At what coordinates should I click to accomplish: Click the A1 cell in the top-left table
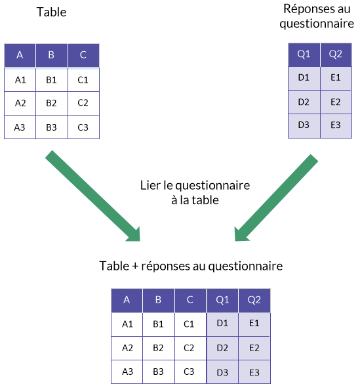[20, 79]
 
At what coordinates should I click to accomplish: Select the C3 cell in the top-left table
[83, 127]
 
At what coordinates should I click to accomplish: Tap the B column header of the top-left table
[51, 55]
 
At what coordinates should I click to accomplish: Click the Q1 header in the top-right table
[304, 54]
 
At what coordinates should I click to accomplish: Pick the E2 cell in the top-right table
[336, 102]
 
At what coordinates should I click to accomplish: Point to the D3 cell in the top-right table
[304, 125]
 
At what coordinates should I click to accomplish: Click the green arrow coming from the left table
[93, 196]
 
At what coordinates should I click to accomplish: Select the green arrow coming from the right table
[276, 198]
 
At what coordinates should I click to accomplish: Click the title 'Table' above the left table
[51, 12]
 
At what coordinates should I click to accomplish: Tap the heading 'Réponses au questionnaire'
[317, 16]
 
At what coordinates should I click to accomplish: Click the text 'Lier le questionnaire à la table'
[195, 192]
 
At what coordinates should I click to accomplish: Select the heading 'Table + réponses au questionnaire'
[191, 266]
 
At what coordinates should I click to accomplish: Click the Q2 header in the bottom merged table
[254, 300]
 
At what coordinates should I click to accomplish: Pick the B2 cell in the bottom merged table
[159, 348]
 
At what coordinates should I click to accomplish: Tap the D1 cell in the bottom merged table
[222, 324]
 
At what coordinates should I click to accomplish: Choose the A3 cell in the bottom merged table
[127, 372]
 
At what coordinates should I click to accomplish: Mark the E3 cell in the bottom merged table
[254, 372]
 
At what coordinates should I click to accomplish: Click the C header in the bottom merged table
[190, 300]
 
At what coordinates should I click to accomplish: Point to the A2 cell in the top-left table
[20, 103]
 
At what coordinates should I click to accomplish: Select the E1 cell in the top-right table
[336, 78]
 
